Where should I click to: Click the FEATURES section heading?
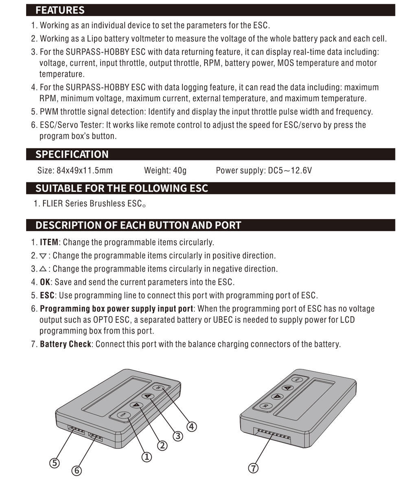60,10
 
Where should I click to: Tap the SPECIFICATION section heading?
72,154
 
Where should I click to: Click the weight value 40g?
179,170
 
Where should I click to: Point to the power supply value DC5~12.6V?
290,170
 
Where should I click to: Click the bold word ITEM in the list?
49,242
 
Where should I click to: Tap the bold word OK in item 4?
45,282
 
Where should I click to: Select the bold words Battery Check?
65,344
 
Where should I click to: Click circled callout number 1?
147,457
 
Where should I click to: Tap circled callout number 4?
191,426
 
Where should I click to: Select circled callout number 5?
54,463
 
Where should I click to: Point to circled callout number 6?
77,471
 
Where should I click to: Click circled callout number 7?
253,468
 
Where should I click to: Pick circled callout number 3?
177,436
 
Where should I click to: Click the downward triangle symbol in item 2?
43,256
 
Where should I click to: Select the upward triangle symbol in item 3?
43,269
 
